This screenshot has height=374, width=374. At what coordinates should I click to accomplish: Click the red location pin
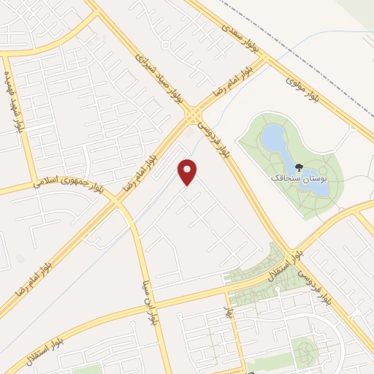(x=188, y=171)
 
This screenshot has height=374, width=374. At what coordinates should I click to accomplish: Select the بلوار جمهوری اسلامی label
(x=70, y=180)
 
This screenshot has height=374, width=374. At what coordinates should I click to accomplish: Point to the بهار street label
(x=227, y=317)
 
